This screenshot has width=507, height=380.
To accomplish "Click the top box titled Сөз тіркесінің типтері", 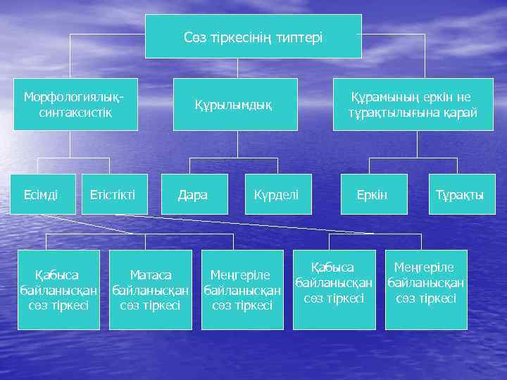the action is tap(253, 36).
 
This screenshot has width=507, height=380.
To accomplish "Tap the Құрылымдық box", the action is tap(236, 104).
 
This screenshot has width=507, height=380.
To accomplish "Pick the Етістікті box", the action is tap(114, 194).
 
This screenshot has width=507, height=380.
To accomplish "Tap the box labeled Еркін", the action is tap(373, 194).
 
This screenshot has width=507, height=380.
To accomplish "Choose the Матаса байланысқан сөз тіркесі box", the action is tap(151, 289).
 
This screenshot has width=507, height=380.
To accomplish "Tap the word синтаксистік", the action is tap(70, 113).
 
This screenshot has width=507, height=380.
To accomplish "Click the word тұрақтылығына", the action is tap(393, 113).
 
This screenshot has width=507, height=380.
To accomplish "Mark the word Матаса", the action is tap(151, 274).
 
